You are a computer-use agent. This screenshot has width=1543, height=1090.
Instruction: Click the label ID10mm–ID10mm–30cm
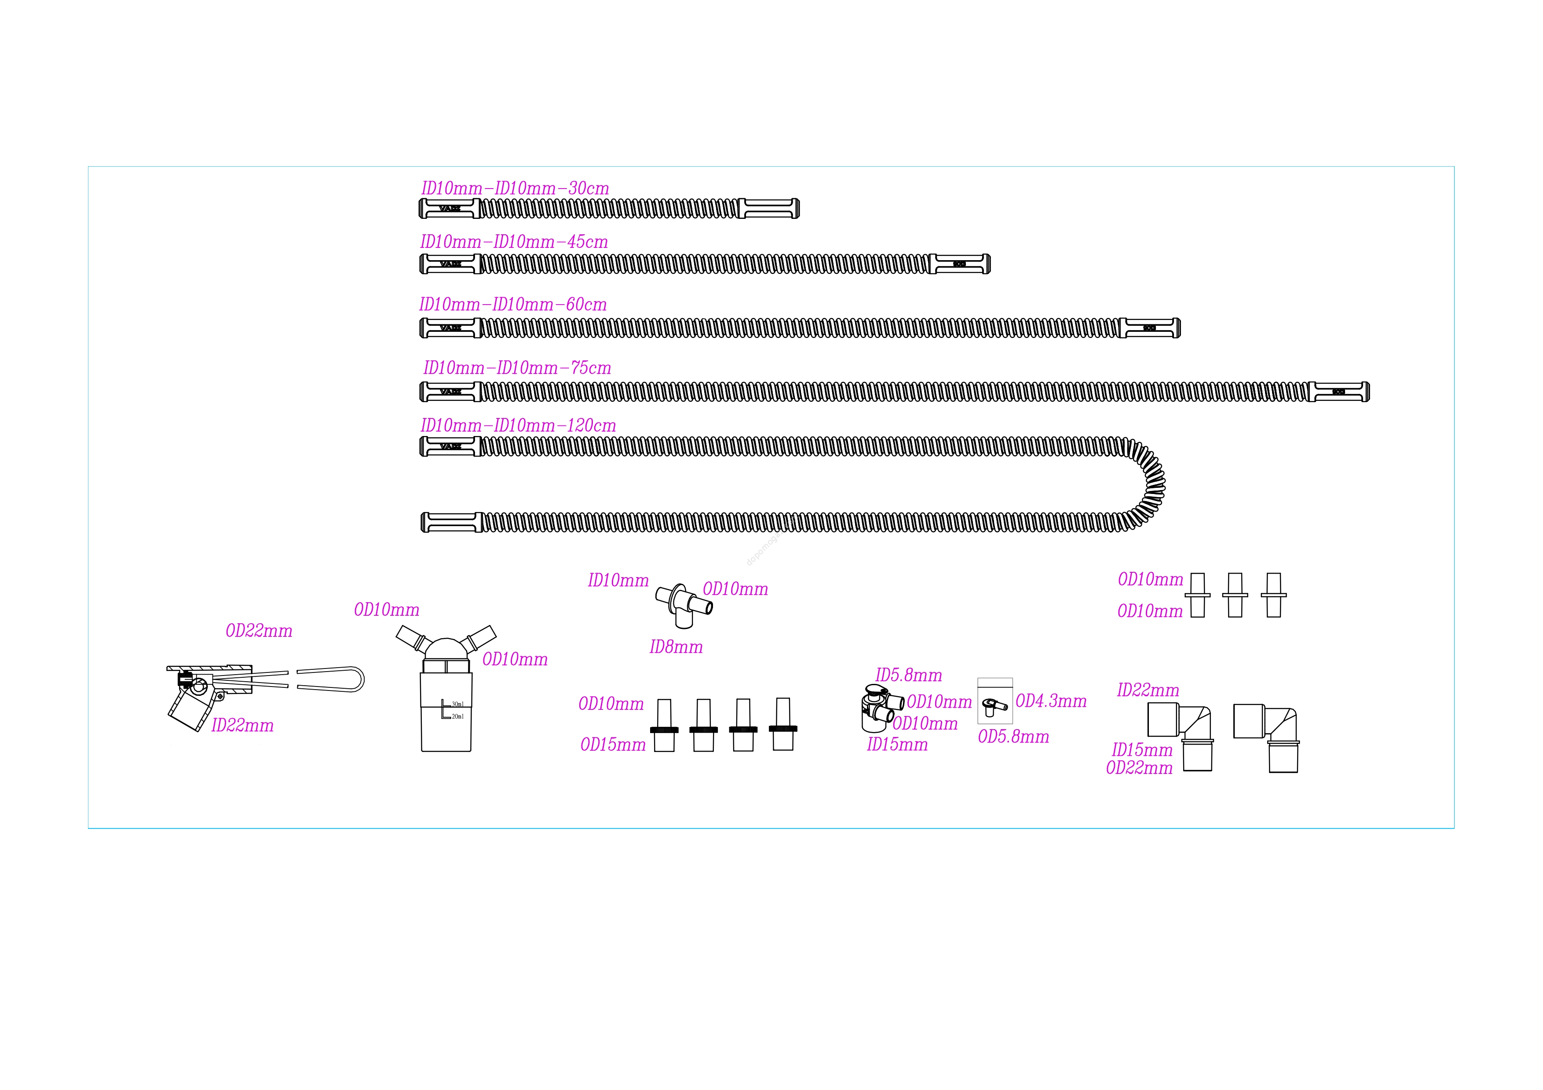[x=515, y=189]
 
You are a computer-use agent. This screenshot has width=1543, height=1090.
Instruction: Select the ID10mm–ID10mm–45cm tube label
[x=514, y=243]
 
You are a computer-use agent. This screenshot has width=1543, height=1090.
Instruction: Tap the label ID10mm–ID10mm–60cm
[x=513, y=305]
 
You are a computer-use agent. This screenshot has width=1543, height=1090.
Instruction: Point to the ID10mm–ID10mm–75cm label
[x=517, y=368]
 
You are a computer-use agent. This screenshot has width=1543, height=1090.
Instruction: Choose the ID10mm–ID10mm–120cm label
[x=518, y=426]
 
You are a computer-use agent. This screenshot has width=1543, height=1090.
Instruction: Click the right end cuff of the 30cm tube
[x=769, y=209]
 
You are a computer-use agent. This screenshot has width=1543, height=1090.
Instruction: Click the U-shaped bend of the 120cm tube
[x=1151, y=483]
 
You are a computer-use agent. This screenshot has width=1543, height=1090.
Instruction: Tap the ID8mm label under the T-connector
[x=676, y=647]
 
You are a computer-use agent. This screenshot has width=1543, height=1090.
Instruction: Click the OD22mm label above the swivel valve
[x=259, y=631]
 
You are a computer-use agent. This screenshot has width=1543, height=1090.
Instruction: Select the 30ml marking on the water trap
[x=457, y=704]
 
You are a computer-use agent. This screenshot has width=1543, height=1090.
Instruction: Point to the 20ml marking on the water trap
[x=457, y=716]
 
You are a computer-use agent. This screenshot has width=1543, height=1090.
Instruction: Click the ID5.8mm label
[x=909, y=676]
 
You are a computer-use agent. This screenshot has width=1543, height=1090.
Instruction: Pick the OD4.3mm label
[x=1051, y=701]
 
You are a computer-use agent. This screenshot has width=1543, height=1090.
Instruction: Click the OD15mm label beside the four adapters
[x=613, y=745]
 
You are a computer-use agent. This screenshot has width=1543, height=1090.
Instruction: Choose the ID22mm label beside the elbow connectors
[x=1148, y=690]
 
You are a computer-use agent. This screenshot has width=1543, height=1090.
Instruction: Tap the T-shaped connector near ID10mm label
[x=684, y=603]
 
